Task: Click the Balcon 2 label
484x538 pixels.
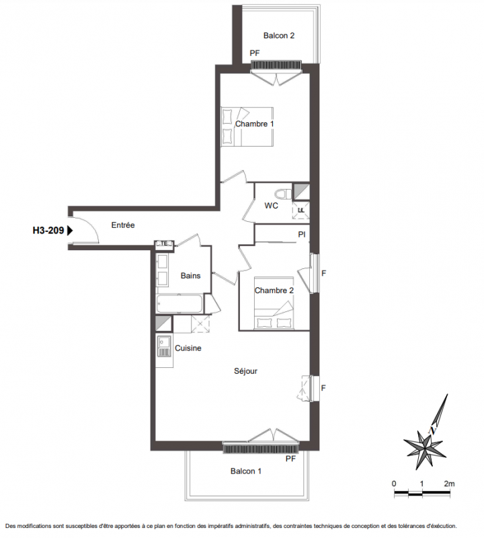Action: click(x=278, y=36)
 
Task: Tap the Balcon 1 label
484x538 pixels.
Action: click(x=245, y=471)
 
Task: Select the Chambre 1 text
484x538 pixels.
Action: click(x=255, y=124)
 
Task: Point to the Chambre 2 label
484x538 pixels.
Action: click(x=274, y=291)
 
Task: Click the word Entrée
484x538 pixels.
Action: click(x=123, y=225)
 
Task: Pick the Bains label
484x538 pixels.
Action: click(x=190, y=276)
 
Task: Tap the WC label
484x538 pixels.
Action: click(x=271, y=206)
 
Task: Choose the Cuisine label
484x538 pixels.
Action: click(x=188, y=348)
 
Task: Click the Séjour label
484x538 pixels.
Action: click(x=245, y=371)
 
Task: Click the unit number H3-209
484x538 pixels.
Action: click(x=48, y=230)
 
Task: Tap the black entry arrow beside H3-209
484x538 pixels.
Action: click(x=70, y=230)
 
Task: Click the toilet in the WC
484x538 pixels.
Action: click(x=283, y=194)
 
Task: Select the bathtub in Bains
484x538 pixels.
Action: click(x=179, y=303)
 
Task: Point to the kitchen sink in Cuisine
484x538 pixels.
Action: click(x=164, y=346)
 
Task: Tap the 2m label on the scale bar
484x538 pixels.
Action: click(x=449, y=484)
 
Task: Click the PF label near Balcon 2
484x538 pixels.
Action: click(x=255, y=53)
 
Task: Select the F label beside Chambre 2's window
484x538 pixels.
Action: click(x=323, y=274)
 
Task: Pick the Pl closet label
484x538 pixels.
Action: click(x=302, y=235)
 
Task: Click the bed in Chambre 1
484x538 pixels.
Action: click(x=247, y=127)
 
